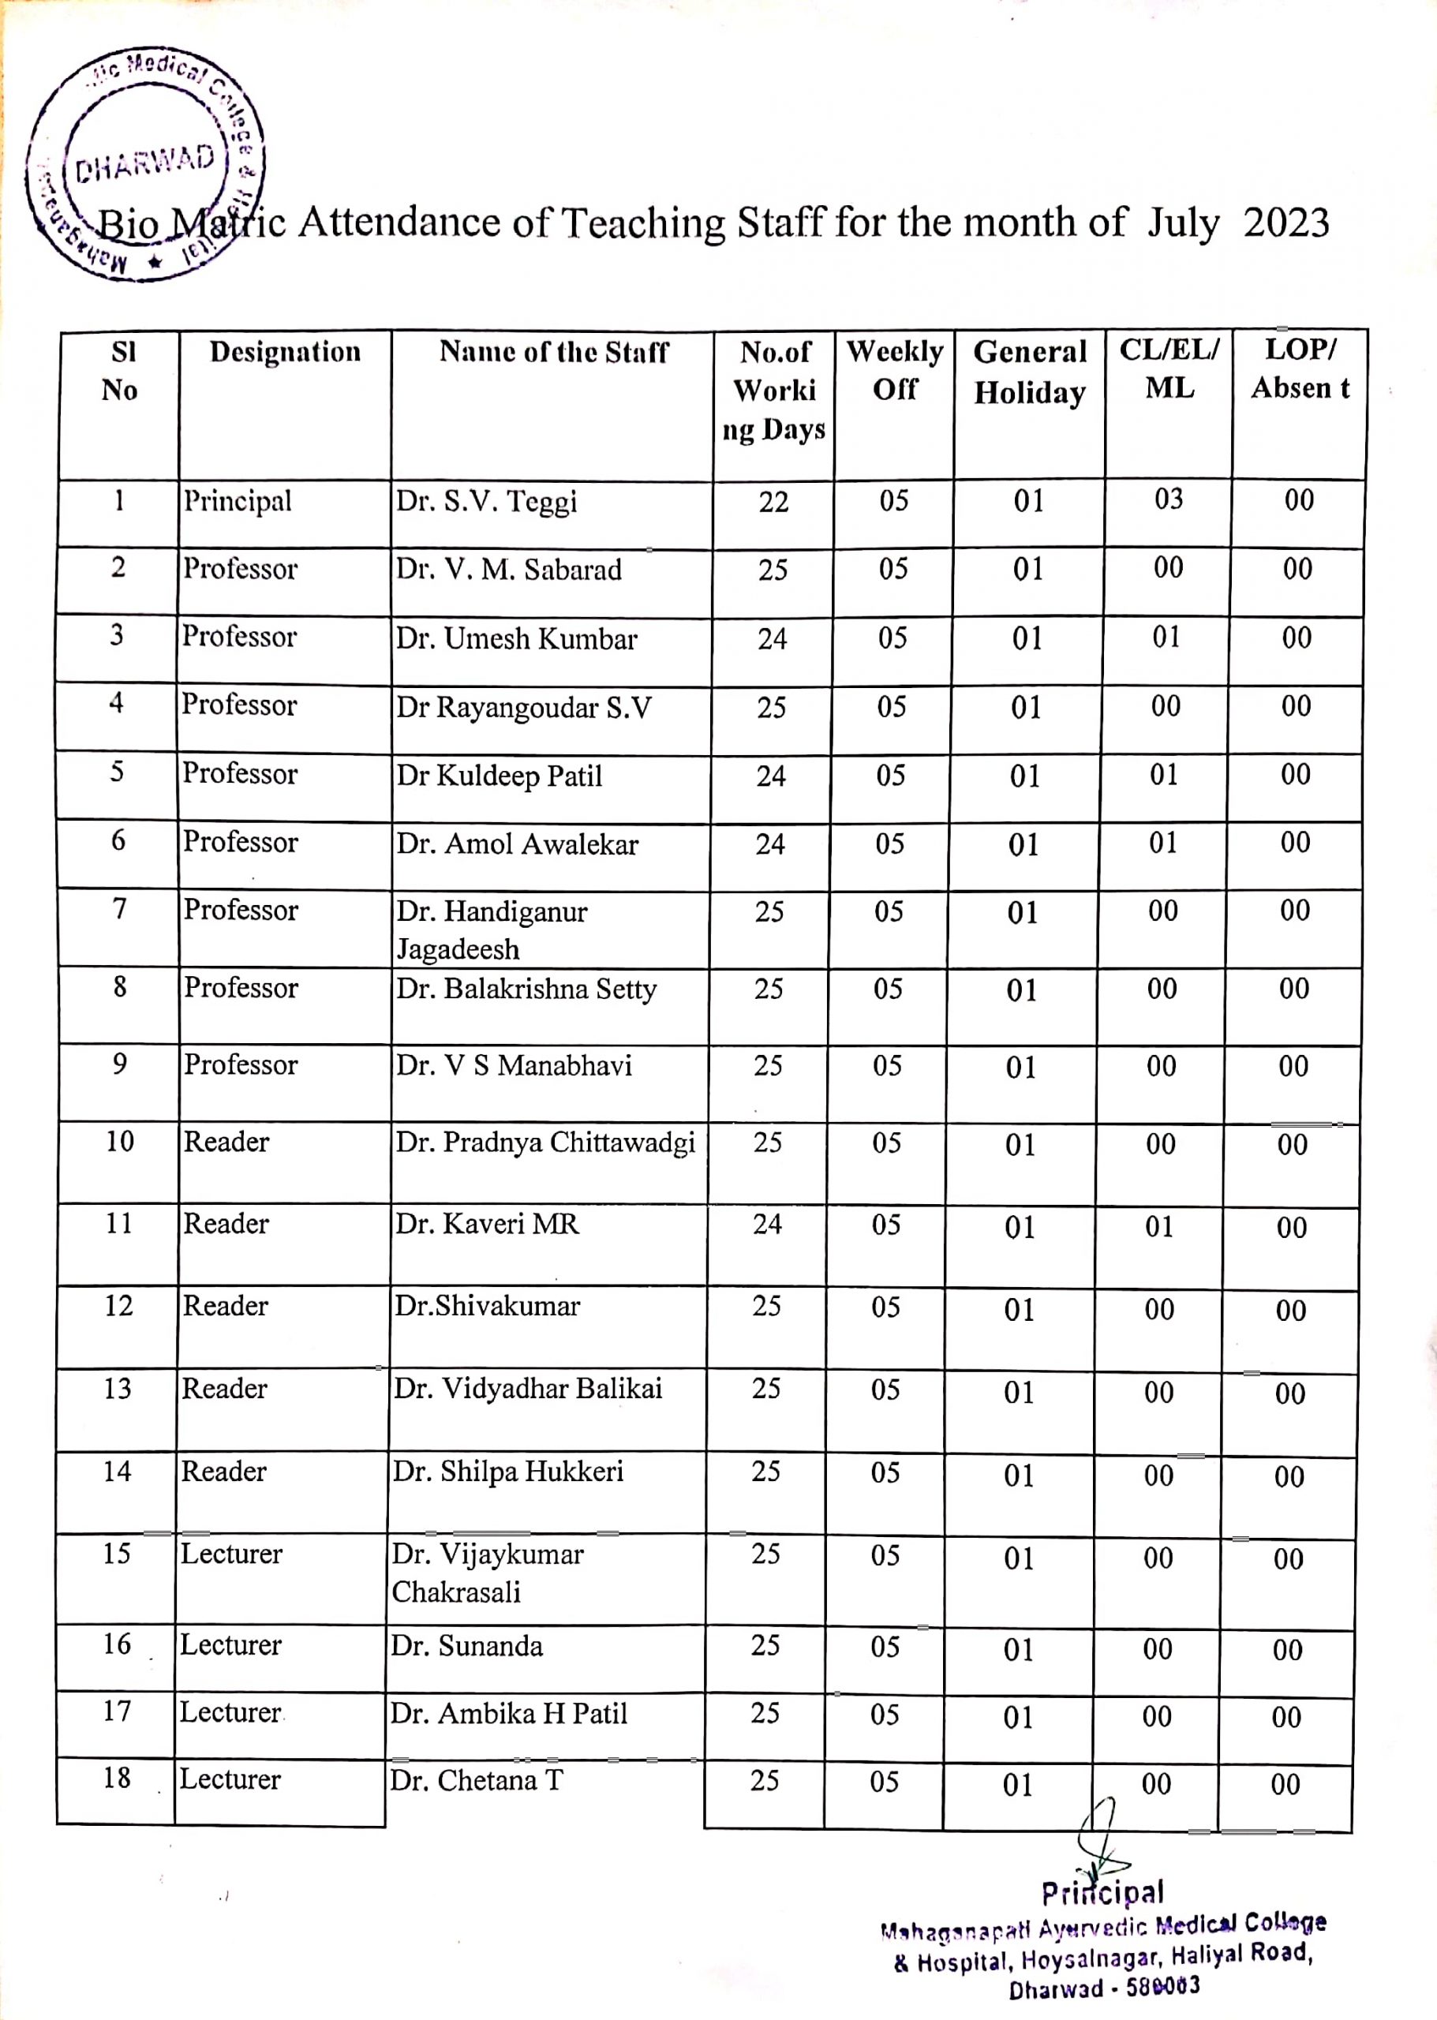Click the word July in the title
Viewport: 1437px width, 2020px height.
tap(1182, 224)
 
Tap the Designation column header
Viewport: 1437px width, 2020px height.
tap(285, 352)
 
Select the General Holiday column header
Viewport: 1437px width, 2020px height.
tap(1029, 372)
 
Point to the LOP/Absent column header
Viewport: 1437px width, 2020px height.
tap(1299, 368)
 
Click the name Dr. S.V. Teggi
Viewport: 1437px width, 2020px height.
tap(486, 502)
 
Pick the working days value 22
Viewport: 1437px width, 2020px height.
tap(773, 503)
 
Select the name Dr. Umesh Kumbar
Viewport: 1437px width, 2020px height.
tap(516, 639)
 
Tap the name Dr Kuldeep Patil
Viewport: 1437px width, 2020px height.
tap(499, 776)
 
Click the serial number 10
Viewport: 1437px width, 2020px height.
tap(119, 1142)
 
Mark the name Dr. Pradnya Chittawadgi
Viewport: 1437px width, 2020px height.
tap(545, 1143)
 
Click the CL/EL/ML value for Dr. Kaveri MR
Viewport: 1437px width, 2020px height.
tap(1159, 1226)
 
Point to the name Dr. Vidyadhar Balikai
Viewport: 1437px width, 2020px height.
tap(527, 1388)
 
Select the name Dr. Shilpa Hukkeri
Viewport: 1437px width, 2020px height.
tap(508, 1472)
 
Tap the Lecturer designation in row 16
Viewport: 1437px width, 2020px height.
tap(231, 1645)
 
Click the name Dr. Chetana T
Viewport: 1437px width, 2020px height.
tap(476, 1780)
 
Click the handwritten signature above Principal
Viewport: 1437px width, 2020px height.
tap(1099, 1839)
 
